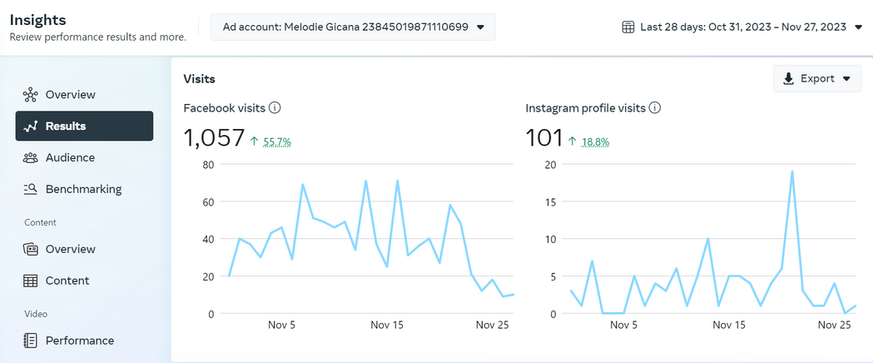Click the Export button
coord(816,78)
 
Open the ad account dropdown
coord(352,27)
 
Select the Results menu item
coord(84,126)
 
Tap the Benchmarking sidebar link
coord(84,189)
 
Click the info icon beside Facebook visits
coord(275,108)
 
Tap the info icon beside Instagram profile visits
coord(655,108)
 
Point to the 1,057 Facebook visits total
coord(214,137)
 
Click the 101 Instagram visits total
coord(544,137)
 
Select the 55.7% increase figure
coord(277,142)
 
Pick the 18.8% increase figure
coord(595,142)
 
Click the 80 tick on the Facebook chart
coord(208,164)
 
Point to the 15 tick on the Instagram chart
coord(551,201)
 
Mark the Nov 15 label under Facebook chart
coord(387,325)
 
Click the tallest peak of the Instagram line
coord(791,172)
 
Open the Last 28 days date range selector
coord(742,27)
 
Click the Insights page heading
coord(37,20)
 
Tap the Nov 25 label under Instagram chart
coord(834,325)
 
